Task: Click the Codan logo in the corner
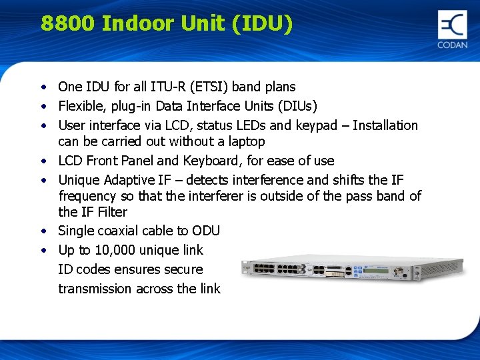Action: click(453, 29)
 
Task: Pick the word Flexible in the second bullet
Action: click(80, 106)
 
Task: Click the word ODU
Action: click(206, 231)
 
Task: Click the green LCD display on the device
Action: click(375, 270)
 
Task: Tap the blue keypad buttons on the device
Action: click(357, 269)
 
